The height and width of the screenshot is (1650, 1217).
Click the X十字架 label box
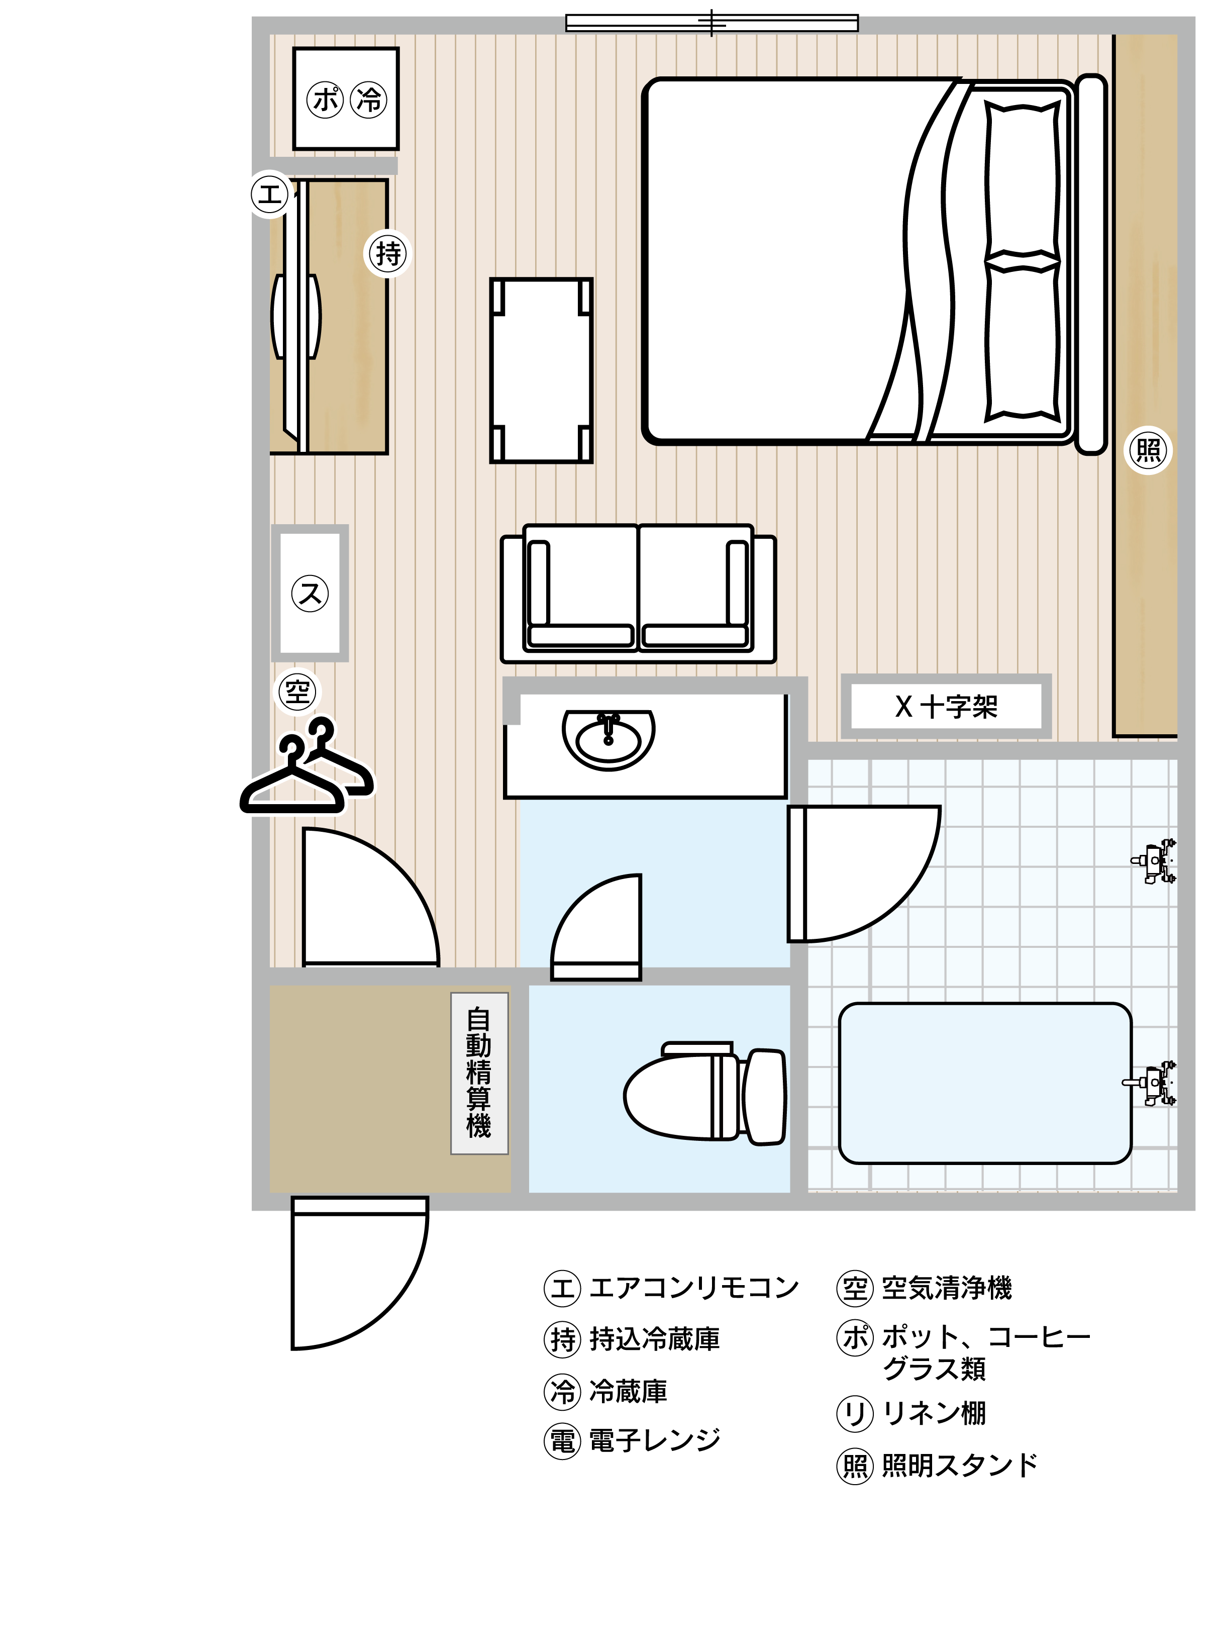[x=947, y=707]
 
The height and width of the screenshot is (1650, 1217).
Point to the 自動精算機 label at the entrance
[x=479, y=1073]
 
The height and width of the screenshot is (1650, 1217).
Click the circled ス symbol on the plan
[x=310, y=593]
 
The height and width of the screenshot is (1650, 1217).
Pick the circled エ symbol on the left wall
[x=270, y=195]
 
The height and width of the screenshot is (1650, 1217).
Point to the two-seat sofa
[x=638, y=593]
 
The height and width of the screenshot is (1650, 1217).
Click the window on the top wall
[x=712, y=23]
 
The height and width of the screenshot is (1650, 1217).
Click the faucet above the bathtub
[x=1151, y=1083]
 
